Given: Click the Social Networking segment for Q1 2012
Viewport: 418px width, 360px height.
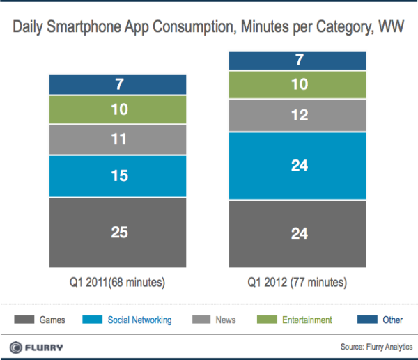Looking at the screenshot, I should [x=298, y=166].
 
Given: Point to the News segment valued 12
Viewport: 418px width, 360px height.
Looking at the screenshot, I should [x=298, y=116].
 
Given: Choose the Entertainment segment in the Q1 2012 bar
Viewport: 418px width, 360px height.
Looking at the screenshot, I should [x=298, y=85].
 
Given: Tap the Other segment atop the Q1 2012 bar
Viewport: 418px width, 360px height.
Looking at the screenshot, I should [x=298, y=61].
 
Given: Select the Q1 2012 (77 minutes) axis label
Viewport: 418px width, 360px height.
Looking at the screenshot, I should [x=298, y=283].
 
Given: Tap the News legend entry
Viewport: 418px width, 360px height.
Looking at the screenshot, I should [x=217, y=320].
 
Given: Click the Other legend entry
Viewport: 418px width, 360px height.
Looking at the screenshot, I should [x=382, y=320].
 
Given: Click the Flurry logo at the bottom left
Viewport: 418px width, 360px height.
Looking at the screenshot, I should [x=38, y=347].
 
